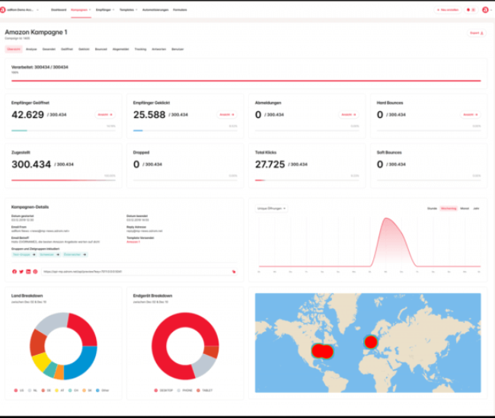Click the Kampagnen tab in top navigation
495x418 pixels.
point(80,10)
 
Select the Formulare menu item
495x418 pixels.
point(180,10)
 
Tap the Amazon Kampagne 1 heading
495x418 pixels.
point(37,34)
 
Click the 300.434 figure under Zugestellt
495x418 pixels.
point(31,164)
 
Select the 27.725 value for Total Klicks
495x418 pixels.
point(270,164)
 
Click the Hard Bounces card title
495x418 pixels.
point(390,102)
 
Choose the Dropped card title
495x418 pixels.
point(142,152)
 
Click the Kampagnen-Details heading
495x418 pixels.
point(30,206)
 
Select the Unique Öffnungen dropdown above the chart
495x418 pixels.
point(272,207)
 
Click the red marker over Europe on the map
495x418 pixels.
point(371,342)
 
